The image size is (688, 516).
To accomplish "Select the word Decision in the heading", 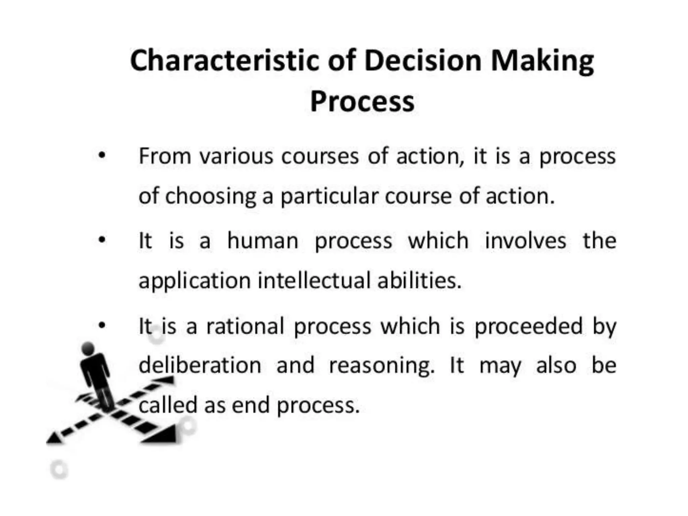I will (x=423, y=61).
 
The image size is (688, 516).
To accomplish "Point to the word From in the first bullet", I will (x=165, y=156).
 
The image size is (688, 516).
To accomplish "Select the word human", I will (x=263, y=241).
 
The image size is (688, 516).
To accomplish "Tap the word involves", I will (x=526, y=241).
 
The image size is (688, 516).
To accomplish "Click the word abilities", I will (x=419, y=281).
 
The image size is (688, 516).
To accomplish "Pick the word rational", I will (x=245, y=326).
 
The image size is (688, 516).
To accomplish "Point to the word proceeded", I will (x=528, y=326).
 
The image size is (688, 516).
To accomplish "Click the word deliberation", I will (x=200, y=365).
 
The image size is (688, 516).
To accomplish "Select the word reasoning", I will (x=382, y=366).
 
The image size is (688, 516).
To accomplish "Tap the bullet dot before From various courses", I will (x=102, y=156).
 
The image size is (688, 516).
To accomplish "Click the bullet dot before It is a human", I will (x=102, y=240).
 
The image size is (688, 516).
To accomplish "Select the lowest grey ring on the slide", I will (x=59, y=469).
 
